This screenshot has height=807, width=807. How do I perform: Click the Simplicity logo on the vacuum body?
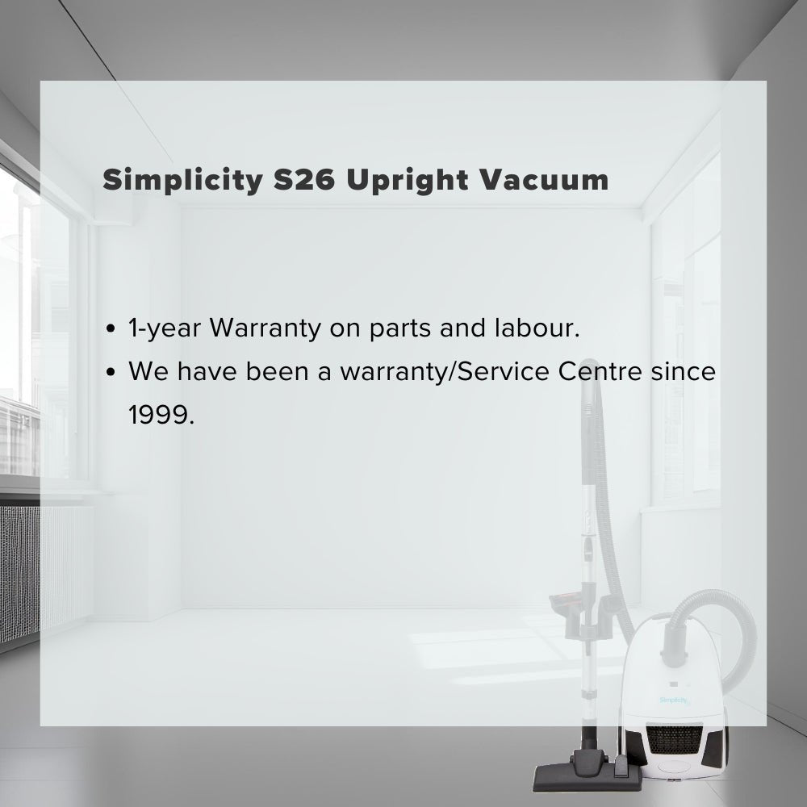674,700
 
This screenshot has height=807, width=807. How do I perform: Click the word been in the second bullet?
276,372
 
